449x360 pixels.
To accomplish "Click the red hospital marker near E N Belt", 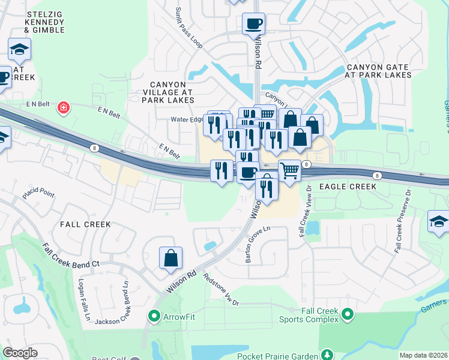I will click(62, 108).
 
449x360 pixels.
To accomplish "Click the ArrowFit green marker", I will click(154, 315).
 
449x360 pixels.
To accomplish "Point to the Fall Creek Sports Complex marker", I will click(346, 314).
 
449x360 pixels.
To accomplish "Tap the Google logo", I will click(20, 353).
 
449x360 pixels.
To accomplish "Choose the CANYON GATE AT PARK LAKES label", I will click(378, 71).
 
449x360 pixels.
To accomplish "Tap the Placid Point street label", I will click(38, 195).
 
